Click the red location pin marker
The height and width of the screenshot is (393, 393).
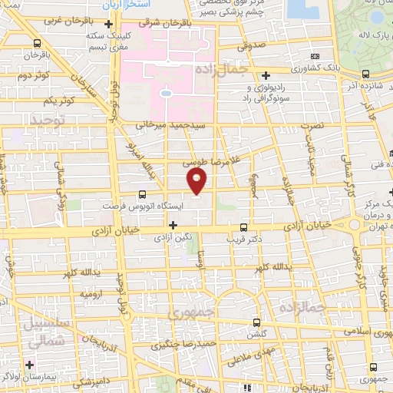[x=197, y=181]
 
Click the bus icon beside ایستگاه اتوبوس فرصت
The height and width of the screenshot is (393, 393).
[x=142, y=195]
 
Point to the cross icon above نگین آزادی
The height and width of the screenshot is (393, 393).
[x=173, y=226]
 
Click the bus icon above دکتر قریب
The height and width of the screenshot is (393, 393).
[x=243, y=227]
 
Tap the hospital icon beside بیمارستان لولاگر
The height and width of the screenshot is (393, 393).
[x=30, y=364]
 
